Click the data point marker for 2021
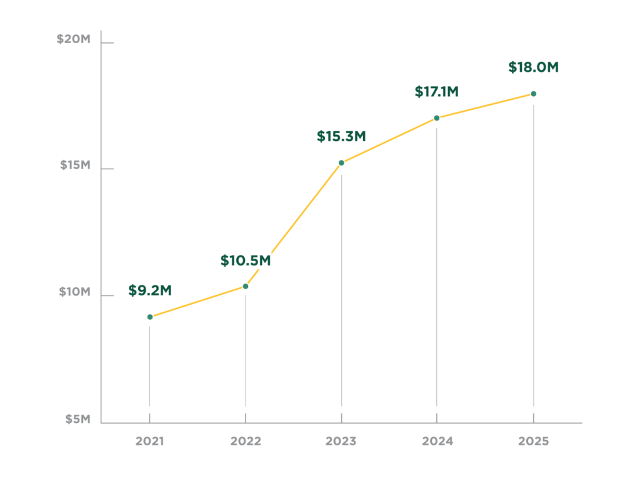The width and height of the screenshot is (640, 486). [150, 317]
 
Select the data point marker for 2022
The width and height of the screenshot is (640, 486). [246, 286]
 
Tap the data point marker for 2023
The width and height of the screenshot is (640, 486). [341, 163]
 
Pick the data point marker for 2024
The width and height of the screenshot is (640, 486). [437, 117]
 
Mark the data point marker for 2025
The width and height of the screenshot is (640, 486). [533, 94]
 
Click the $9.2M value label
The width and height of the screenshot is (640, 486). [150, 290]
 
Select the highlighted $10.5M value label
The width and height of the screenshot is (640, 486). [246, 260]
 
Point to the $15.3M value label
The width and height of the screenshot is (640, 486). [341, 136]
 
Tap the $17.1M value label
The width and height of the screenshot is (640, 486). [437, 92]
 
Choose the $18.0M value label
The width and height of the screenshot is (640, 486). [533, 67]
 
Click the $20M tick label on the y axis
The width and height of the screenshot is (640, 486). [74, 39]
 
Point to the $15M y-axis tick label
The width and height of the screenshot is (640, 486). [76, 166]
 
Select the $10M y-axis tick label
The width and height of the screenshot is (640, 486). [76, 292]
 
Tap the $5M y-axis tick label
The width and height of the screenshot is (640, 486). [78, 419]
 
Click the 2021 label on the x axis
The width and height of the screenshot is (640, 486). [150, 441]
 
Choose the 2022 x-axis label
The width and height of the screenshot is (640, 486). [246, 441]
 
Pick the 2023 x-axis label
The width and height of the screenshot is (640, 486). [341, 441]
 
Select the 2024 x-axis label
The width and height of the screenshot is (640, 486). [437, 441]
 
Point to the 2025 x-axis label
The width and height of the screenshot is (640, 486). [533, 441]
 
